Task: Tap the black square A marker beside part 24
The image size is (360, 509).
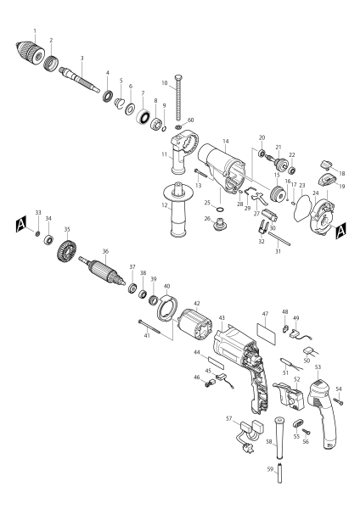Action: pos(340,229)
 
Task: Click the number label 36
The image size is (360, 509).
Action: pos(104,251)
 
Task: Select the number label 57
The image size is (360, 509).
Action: pos(229,418)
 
